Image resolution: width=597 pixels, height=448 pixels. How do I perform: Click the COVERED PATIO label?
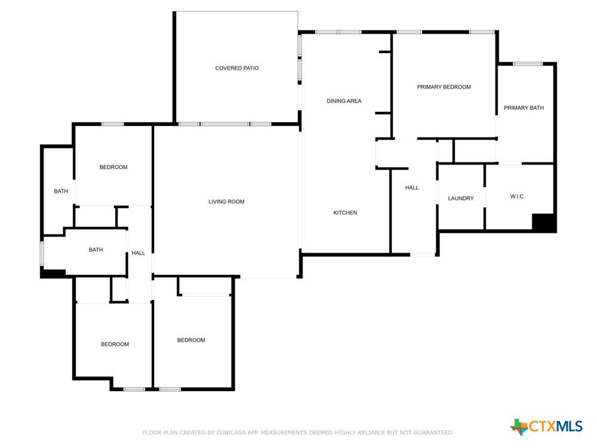click(x=237, y=68)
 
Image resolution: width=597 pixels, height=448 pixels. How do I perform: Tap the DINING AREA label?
click(x=344, y=101)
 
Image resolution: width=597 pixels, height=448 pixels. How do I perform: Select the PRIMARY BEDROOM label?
click(x=444, y=87)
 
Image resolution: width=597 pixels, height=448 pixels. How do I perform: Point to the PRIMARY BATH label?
click(x=524, y=108)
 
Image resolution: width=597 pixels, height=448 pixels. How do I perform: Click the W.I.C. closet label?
click(x=518, y=197)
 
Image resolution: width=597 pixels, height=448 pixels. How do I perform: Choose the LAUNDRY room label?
click(x=461, y=198)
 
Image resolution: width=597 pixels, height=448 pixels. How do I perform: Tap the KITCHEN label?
click(x=345, y=213)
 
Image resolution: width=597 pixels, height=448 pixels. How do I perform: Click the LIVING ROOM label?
click(x=226, y=202)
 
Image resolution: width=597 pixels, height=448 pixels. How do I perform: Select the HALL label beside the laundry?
click(x=412, y=188)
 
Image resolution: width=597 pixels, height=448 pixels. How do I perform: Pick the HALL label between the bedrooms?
click(x=139, y=253)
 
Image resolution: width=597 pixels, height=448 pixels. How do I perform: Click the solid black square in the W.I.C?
click(x=544, y=222)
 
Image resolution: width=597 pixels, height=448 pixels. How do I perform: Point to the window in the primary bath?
click(x=528, y=64)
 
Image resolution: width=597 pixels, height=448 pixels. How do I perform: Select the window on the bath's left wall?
click(x=42, y=253)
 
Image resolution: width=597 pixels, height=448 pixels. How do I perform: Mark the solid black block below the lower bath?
click(x=53, y=274)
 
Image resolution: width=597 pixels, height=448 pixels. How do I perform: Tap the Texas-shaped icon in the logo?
click(x=519, y=426)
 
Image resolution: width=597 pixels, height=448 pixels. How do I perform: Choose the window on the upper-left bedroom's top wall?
click(x=112, y=124)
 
